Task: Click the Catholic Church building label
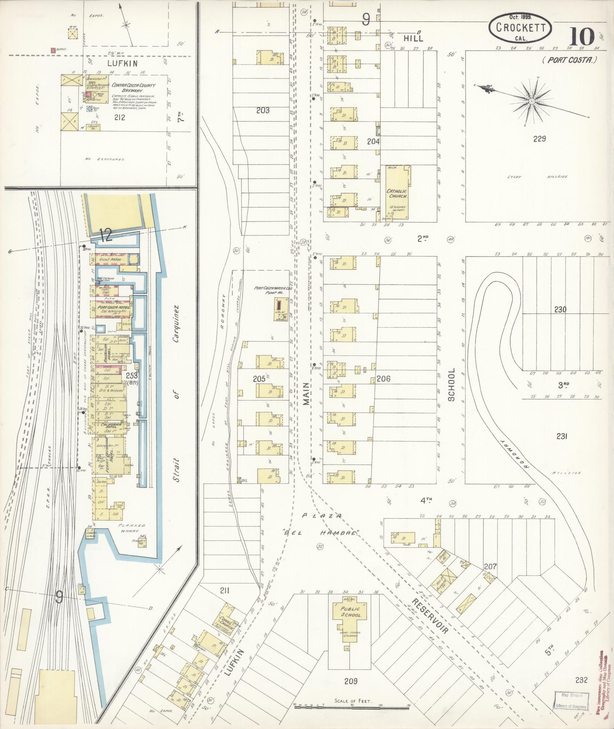397,194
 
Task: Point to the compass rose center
531,101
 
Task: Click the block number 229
539,139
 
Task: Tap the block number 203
263,111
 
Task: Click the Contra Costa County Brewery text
133,88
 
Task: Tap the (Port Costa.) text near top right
570,59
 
